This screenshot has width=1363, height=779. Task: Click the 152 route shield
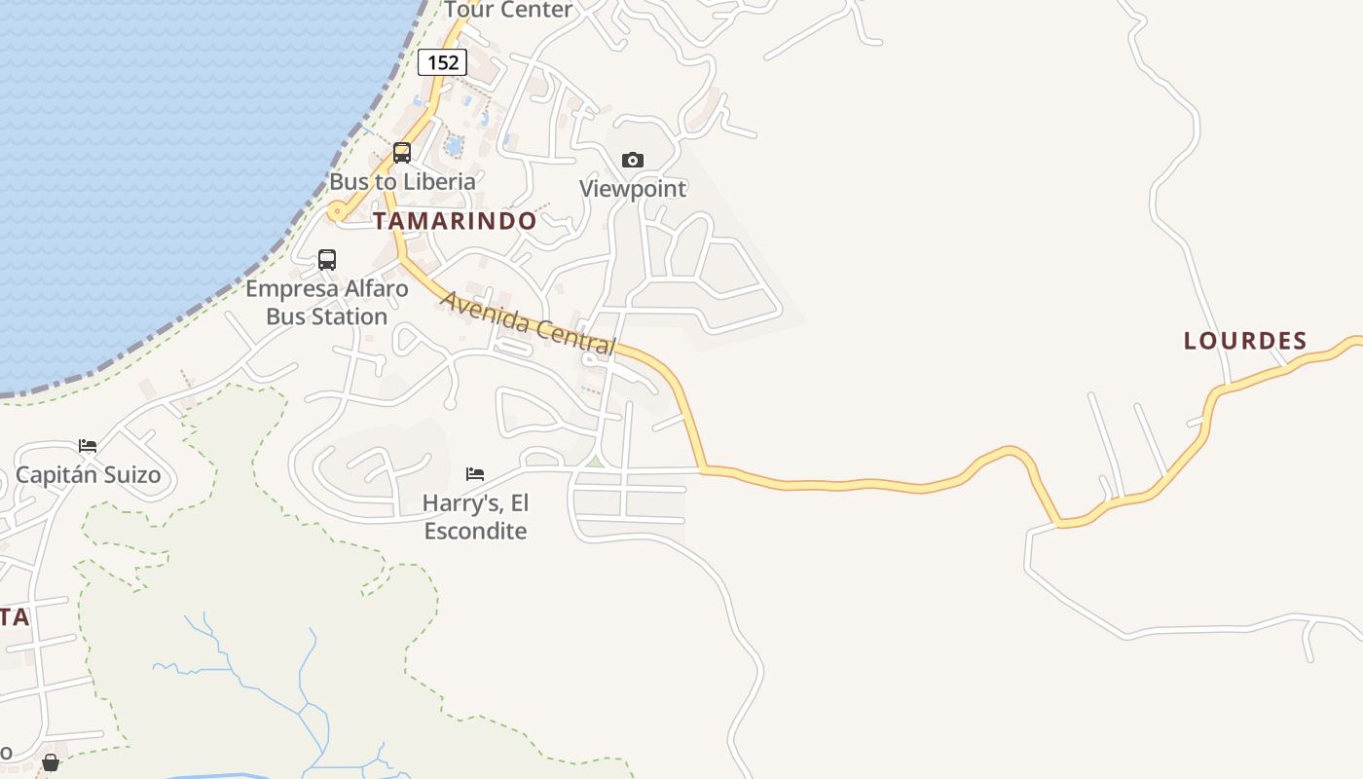point(443,62)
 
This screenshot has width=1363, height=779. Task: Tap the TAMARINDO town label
point(455,221)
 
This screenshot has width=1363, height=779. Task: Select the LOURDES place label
point(1245,341)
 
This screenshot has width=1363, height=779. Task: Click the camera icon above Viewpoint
point(633,160)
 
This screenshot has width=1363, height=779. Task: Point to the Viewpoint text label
point(633,188)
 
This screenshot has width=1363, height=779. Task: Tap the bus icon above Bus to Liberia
point(401,153)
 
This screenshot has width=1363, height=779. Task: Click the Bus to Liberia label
point(402,181)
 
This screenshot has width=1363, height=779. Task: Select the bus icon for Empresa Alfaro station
point(327,260)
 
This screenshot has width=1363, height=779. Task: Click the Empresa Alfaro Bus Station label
point(326,303)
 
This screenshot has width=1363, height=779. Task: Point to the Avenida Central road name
point(529,322)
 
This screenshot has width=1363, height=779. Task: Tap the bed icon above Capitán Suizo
point(88,446)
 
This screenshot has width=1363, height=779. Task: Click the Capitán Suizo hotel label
point(88,475)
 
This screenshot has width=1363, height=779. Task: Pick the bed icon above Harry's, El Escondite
point(475,474)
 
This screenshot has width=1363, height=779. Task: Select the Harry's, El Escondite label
point(475,517)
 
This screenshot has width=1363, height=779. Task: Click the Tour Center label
point(509,10)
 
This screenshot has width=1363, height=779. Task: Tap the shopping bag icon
point(51,762)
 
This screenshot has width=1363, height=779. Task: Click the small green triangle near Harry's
point(594,462)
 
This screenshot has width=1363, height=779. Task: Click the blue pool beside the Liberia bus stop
point(454,146)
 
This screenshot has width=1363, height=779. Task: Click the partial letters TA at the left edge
point(15,617)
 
